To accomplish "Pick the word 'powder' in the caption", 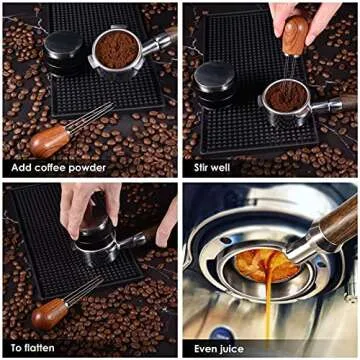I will tap(90, 167).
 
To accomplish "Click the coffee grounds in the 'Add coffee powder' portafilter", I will tap(118, 47).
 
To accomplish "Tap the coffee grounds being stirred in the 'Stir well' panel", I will tap(284, 97).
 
